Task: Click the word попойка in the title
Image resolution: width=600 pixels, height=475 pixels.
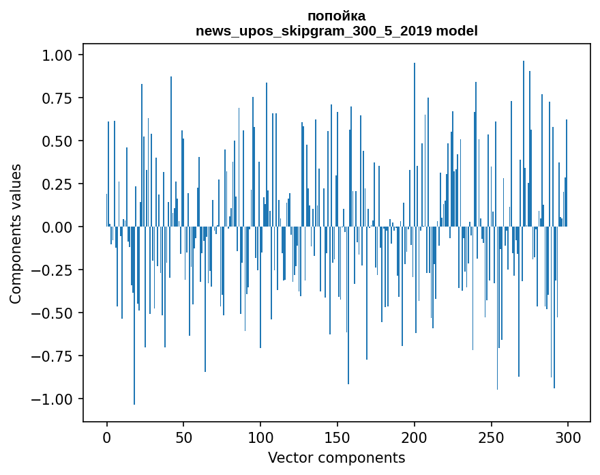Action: [x=336, y=16]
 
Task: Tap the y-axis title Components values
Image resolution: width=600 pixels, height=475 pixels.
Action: [x=15, y=233]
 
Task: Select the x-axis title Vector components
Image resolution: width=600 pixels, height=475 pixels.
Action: [x=336, y=457]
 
